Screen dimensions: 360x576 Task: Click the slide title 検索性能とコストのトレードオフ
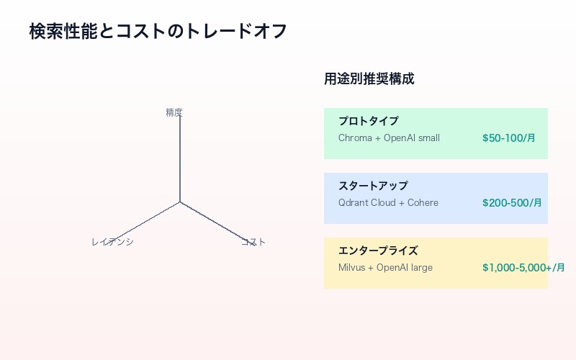[158, 32]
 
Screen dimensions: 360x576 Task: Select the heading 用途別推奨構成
[369, 79]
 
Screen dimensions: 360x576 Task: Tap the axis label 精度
[174, 112]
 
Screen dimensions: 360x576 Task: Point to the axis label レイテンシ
[112, 242]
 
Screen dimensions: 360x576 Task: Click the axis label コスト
[253, 242]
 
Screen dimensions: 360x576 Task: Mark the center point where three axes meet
[180, 202]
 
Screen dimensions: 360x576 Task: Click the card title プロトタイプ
[368, 121]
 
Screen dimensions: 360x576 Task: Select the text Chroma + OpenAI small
[389, 138]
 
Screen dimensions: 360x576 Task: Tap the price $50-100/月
[508, 138]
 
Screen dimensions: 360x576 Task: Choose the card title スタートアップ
[373, 186]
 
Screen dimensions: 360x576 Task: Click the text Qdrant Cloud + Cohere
[388, 202]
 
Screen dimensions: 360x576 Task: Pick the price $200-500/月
[511, 202]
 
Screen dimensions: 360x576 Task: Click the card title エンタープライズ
[378, 251]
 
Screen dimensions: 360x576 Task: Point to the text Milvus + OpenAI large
[385, 267]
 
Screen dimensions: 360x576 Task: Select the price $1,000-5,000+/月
[523, 267]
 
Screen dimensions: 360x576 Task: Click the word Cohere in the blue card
[423, 202]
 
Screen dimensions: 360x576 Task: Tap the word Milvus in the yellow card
[351, 267]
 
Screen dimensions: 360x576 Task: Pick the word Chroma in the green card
[354, 138]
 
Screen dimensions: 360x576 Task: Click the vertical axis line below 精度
[180, 158]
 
